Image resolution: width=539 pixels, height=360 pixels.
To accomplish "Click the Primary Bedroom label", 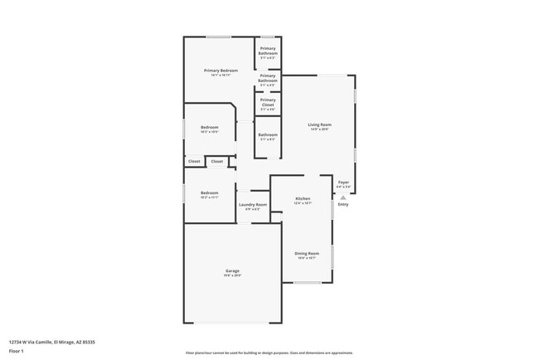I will click(221, 71).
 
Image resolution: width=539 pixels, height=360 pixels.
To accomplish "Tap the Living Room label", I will click(320, 124).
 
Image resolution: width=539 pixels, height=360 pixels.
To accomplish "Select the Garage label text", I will click(232, 270).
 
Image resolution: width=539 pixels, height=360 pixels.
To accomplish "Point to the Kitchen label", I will click(303, 199).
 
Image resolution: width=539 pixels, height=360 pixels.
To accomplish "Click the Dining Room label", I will click(307, 254).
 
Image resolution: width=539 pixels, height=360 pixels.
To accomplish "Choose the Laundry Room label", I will click(253, 204).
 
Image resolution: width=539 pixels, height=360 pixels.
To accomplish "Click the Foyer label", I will click(343, 182).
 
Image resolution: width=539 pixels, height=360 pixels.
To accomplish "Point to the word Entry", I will click(343, 205).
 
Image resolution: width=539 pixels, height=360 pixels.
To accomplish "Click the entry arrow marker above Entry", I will click(343, 197).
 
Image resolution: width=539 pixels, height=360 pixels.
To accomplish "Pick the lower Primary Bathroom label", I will click(268, 78).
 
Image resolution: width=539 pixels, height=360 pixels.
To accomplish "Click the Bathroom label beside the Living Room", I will click(268, 134).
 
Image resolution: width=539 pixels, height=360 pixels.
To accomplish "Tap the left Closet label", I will click(194, 161).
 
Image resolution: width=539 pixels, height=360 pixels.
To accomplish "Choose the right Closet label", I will click(216, 161).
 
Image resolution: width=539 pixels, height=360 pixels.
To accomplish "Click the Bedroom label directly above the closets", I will click(209, 127).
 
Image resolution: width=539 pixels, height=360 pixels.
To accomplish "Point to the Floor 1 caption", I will click(17, 351).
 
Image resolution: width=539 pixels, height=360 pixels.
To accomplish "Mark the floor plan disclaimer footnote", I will click(269, 353).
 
